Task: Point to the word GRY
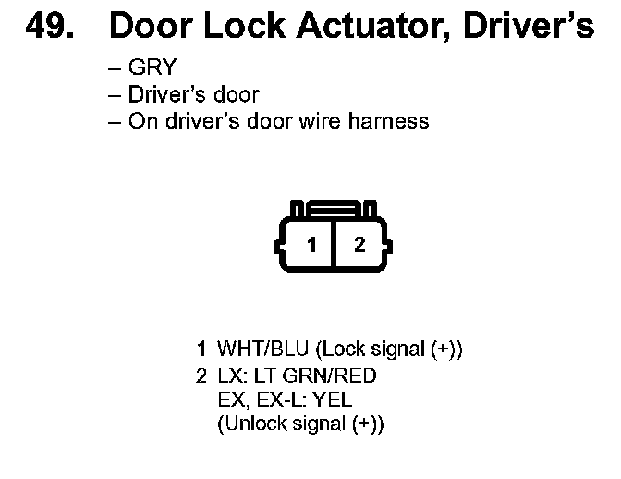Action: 153,68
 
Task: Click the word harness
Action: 390,121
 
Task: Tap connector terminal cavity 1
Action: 312,244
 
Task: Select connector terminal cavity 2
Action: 359,244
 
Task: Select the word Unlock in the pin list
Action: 250,424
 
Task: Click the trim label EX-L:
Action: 278,400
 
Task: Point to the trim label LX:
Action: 229,376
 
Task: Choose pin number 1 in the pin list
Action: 201,350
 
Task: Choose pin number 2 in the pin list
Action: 201,376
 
